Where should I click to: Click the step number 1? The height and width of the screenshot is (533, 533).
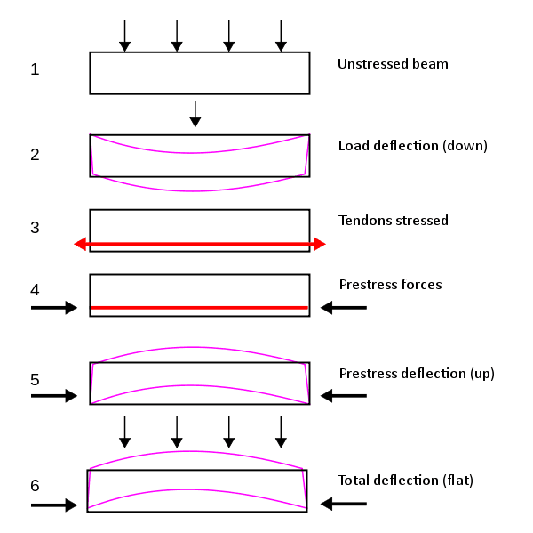(x=35, y=69)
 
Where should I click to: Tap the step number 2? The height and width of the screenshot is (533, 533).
(x=35, y=155)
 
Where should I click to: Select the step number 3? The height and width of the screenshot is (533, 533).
(x=35, y=228)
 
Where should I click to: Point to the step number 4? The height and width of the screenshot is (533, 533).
(x=35, y=290)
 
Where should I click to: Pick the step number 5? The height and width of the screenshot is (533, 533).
(x=35, y=379)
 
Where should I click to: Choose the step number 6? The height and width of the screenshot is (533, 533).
(x=35, y=486)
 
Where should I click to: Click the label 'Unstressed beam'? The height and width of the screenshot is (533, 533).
(x=393, y=64)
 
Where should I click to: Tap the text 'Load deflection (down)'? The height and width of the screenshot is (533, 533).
(x=412, y=146)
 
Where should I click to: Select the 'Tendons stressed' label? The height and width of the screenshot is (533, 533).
(x=393, y=221)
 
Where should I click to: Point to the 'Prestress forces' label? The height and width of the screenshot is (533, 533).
(x=390, y=285)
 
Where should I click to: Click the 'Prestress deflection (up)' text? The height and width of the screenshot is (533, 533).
(x=416, y=374)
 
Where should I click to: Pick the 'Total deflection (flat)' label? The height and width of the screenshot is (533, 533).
(x=405, y=481)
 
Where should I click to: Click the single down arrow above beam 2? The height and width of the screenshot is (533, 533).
(x=195, y=113)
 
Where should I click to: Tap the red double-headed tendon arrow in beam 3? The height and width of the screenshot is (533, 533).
(x=200, y=244)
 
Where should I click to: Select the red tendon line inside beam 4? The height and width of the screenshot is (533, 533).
(x=200, y=308)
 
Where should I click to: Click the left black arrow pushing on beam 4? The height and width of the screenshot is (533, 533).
(x=54, y=308)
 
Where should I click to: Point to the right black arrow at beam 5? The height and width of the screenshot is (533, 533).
(x=344, y=396)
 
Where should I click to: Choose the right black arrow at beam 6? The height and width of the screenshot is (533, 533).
(x=344, y=505)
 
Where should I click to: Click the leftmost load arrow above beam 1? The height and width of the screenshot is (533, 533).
(x=124, y=35)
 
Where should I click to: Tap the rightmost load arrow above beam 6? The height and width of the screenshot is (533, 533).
(x=282, y=431)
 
